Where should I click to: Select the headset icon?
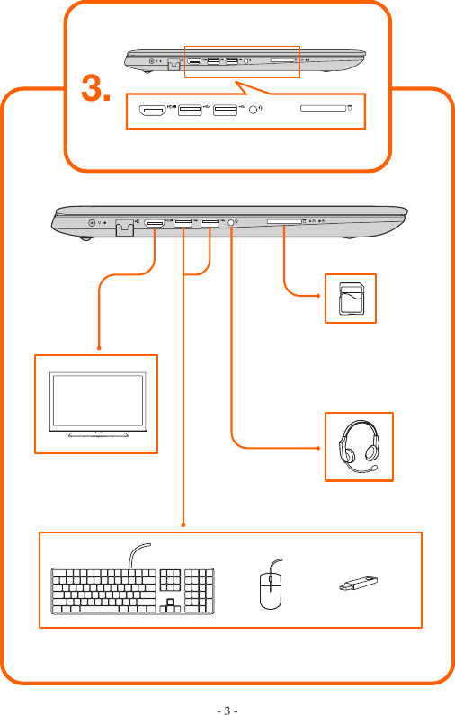[357, 446]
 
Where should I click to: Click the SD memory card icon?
[351, 298]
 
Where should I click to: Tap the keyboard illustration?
[132, 593]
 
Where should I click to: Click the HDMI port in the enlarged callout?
[152, 111]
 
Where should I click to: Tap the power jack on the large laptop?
[92, 223]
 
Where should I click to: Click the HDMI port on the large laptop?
[154, 222]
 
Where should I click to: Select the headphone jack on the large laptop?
[234, 222]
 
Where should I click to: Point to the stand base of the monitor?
[97, 434]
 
